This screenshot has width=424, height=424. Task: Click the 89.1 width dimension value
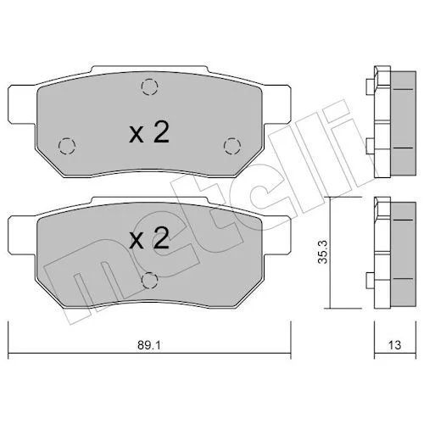click(149, 345)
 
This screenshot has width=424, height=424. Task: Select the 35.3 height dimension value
click(322, 252)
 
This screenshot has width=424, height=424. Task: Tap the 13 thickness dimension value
click(394, 345)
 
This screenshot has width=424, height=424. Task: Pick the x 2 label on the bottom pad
click(149, 238)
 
